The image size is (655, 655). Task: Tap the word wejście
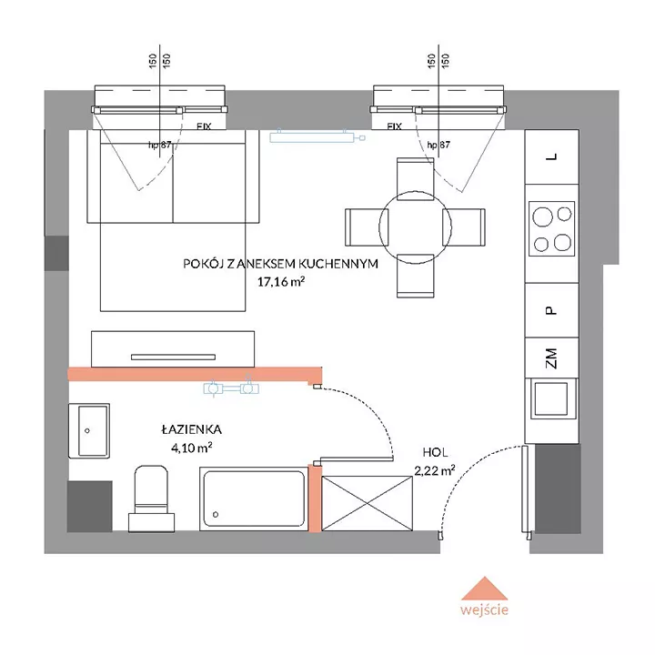pyautogui.click(x=484, y=610)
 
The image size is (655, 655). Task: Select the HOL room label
pyautogui.click(x=435, y=452)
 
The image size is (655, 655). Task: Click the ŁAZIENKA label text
pyautogui.click(x=192, y=429)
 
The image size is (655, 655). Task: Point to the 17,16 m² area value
pyautogui.click(x=281, y=281)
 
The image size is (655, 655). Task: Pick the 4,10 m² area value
pyautogui.click(x=192, y=448)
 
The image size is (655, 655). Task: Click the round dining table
pyautogui.click(x=415, y=227)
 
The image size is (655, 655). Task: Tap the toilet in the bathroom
pyautogui.click(x=151, y=499)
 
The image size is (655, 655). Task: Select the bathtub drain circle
pyautogui.click(x=216, y=514)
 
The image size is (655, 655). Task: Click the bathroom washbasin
pyautogui.click(x=89, y=430)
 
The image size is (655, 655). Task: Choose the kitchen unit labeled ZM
pyautogui.click(x=552, y=358)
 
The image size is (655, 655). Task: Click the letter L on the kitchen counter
pyautogui.click(x=552, y=156)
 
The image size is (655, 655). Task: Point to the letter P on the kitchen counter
pyautogui.click(x=551, y=310)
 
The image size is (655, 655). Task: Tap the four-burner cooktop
pyautogui.click(x=552, y=228)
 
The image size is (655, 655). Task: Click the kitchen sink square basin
pyautogui.click(x=551, y=398)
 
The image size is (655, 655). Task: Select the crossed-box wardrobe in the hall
pyautogui.click(x=368, y=503)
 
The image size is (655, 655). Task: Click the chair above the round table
pyautogui.click(x=415, y=179)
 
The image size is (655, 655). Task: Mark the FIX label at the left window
pyautogui.click(x=205, y=126)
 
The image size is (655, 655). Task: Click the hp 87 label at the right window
pyautogui.click(x=438, y=145)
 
